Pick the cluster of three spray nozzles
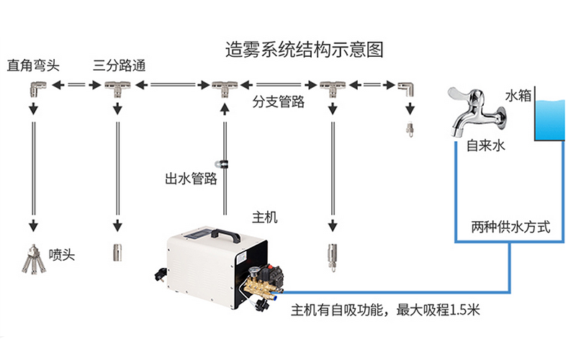(x=32, y=260)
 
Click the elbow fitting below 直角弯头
(x=33, y=89)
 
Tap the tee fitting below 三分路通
(x=117, y=89)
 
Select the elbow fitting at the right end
(x=405, y=89)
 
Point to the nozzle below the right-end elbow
(x=410, y=129)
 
